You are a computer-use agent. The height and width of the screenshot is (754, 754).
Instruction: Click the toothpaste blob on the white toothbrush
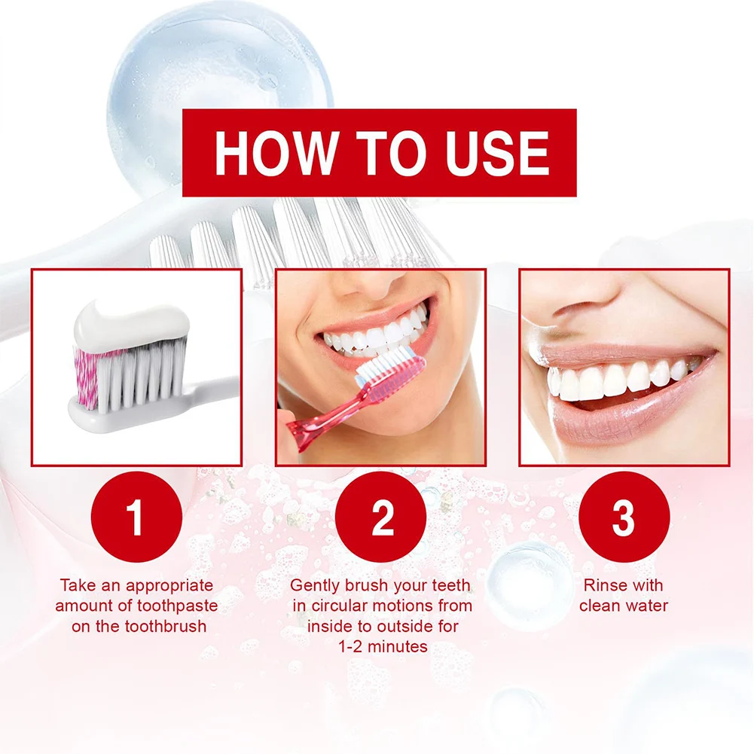[x=131, y=320]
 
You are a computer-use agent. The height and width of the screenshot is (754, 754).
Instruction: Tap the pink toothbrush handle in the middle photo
[x=316, y=426]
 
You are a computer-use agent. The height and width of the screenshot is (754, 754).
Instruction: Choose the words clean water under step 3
[x=624, y=606]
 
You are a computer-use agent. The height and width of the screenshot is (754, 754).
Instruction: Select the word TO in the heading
[x=381, y=154]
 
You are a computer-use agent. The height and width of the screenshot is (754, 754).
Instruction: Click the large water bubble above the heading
[x=218, y=83]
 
